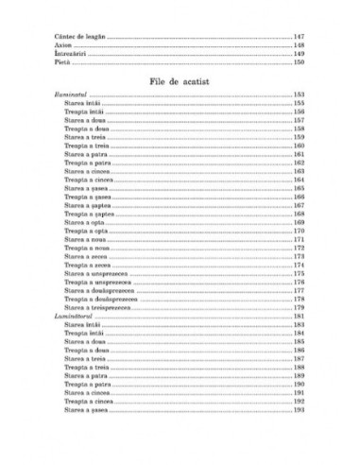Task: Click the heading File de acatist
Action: [x=180, y=82]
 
